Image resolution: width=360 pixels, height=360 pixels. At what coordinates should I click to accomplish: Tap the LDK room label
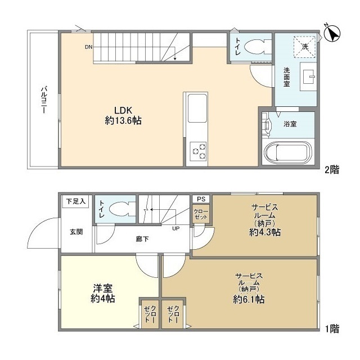tap(123, 110)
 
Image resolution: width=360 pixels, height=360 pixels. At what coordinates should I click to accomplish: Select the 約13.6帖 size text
tap(123, 120)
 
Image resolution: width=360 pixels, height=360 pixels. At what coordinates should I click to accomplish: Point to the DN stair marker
tap(89, 47)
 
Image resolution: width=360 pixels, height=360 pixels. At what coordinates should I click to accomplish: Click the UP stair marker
tap(176, 228)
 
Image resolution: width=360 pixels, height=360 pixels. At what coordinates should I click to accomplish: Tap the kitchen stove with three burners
tap(199, 151)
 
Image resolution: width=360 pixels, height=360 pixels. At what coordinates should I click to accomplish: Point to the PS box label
tap(201, 199)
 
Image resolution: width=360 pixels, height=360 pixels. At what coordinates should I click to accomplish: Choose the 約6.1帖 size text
tap(249, 299)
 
